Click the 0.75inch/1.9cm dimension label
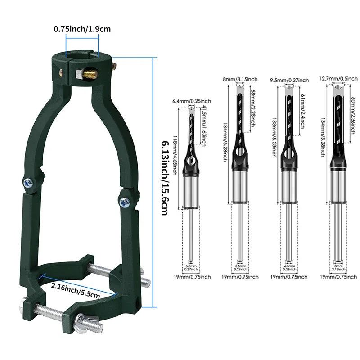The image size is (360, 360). (82, 29)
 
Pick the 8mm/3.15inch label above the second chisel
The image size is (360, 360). (240, 79)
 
